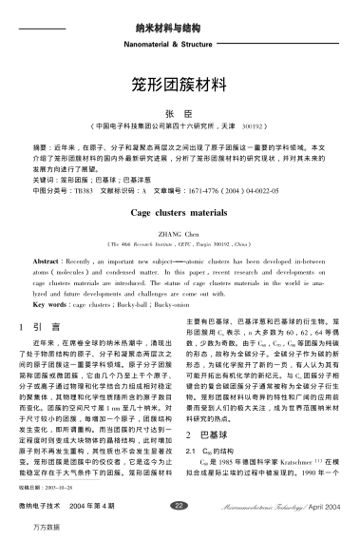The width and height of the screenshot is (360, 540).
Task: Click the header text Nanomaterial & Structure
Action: click(x=180, y=42)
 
